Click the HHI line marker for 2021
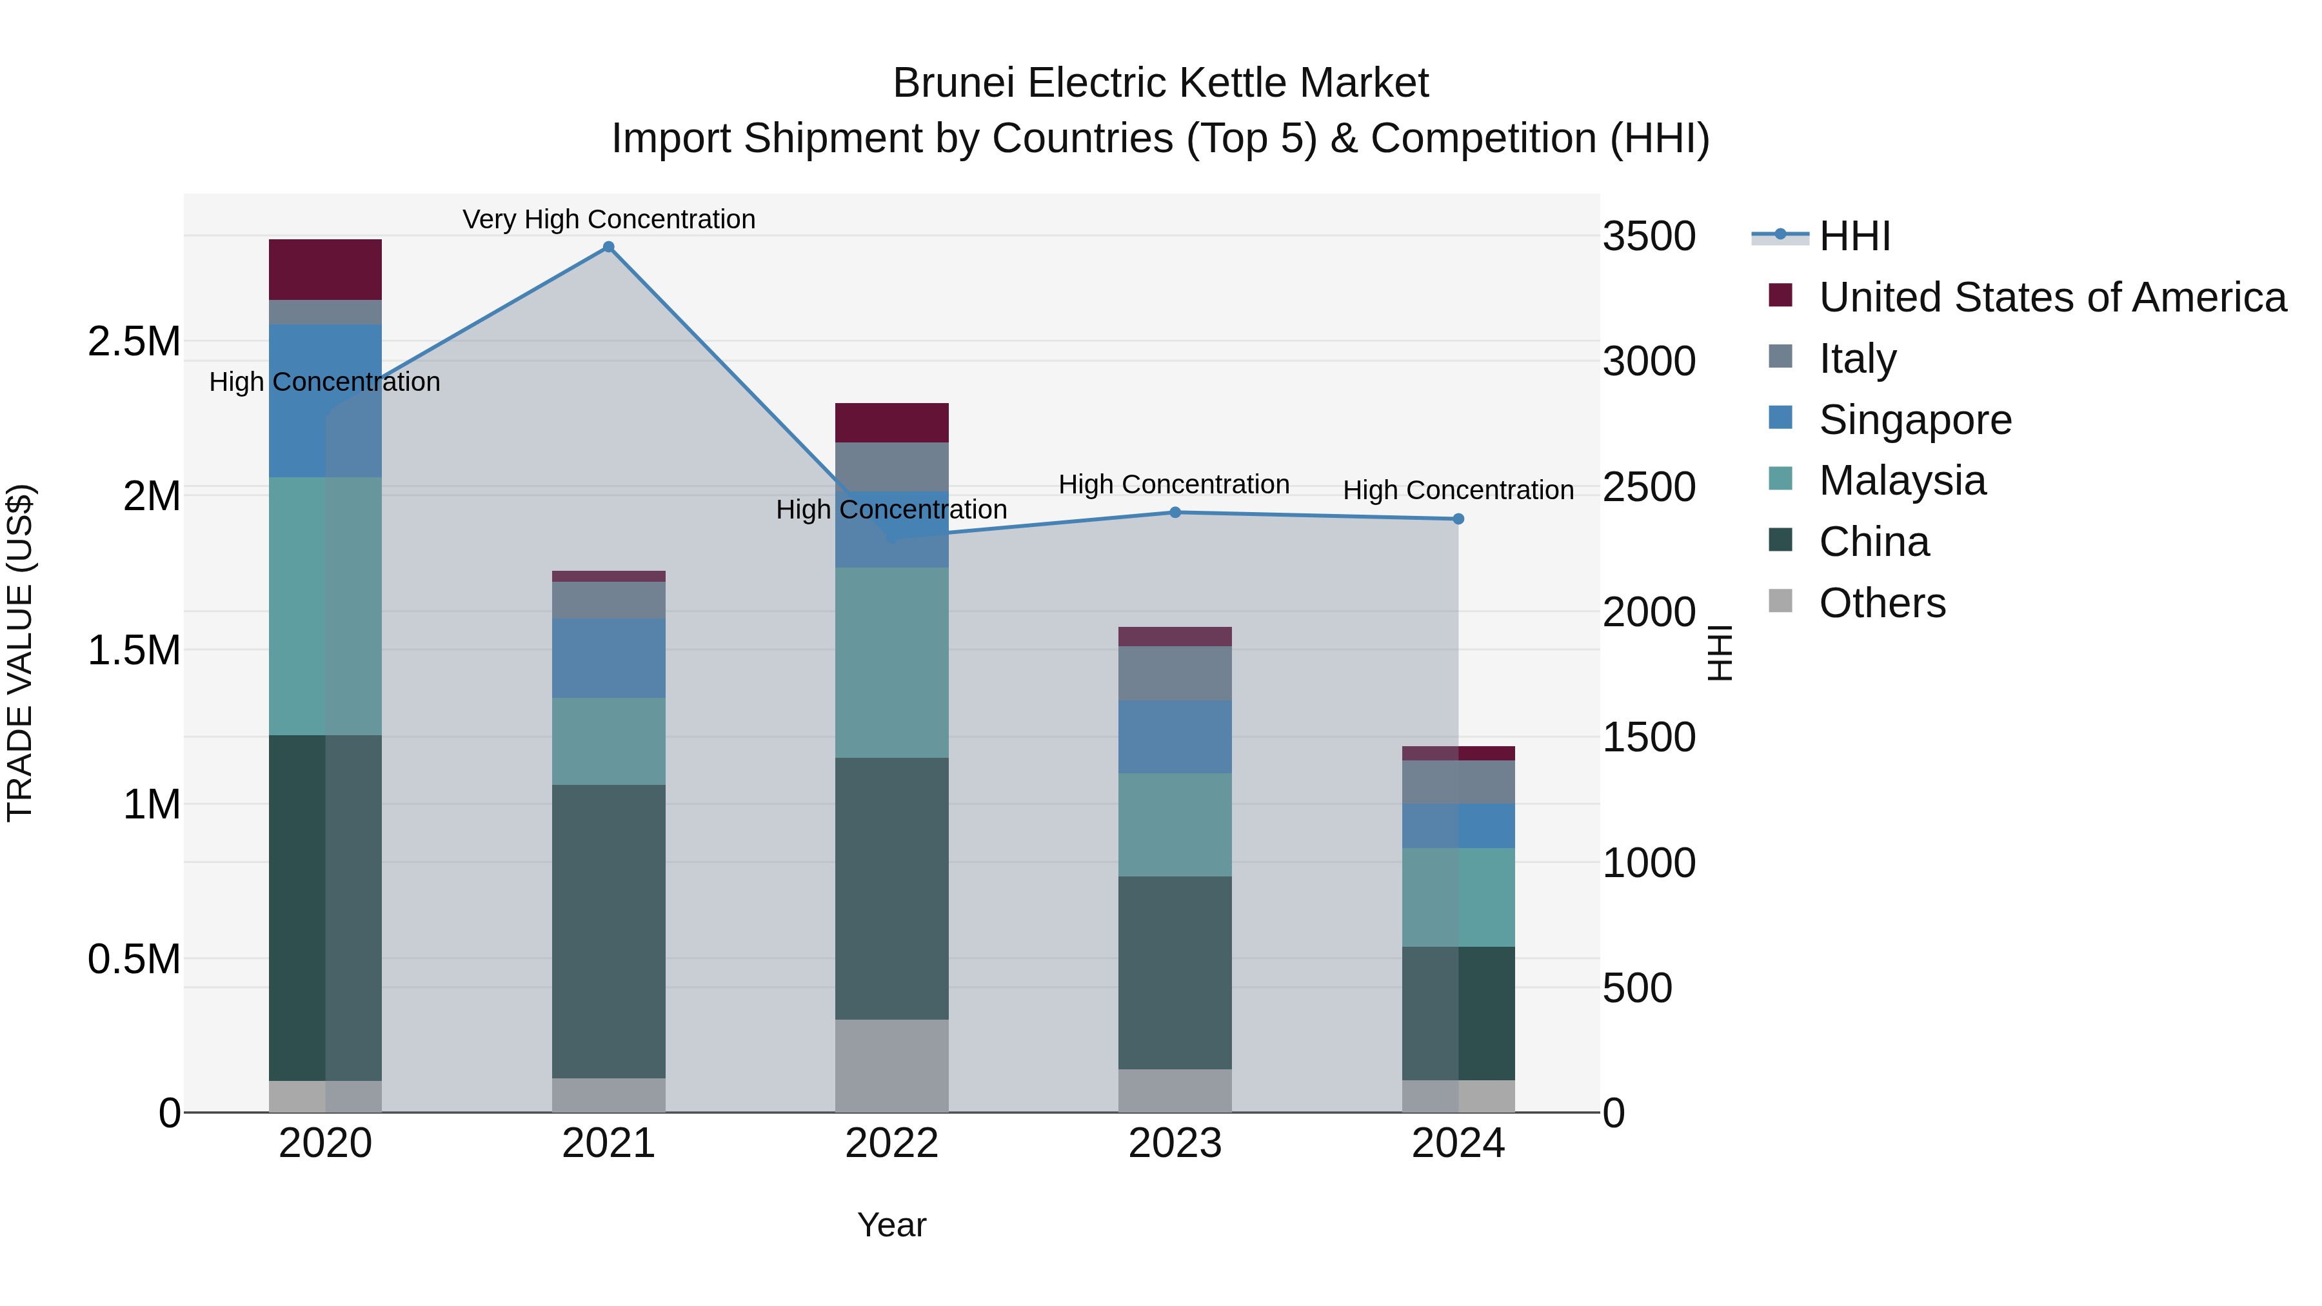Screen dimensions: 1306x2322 tap(608, 247)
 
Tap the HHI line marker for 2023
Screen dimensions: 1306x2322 tap(1175, 513)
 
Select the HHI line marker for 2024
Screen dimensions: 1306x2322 tap(1458, 519)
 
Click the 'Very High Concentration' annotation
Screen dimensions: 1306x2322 tap(608, 219)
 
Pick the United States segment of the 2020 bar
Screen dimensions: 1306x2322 tap(326, 270)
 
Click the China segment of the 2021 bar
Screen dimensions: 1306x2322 tap(608, 931)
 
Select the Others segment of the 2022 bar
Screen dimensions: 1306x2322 tap(891, 1065)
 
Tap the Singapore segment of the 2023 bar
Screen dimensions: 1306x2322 tap(1175, 737)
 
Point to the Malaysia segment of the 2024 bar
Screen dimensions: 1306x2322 tap(1458, 897)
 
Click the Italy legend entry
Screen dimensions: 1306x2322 tap(1857, 358)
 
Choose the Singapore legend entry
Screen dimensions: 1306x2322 tap(1914, 419)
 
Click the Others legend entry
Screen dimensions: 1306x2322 tap(1881, 603)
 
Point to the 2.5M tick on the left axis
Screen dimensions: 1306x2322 tap(134, 342)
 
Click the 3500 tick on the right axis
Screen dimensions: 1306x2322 tap(1649, 236)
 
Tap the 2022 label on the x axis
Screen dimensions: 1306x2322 tap(891, 1143)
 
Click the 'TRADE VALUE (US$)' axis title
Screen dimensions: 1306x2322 tap(20, 653)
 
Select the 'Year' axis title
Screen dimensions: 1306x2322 tap(891, 1225)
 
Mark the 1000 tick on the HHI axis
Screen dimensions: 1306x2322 tap(1649, 864)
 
